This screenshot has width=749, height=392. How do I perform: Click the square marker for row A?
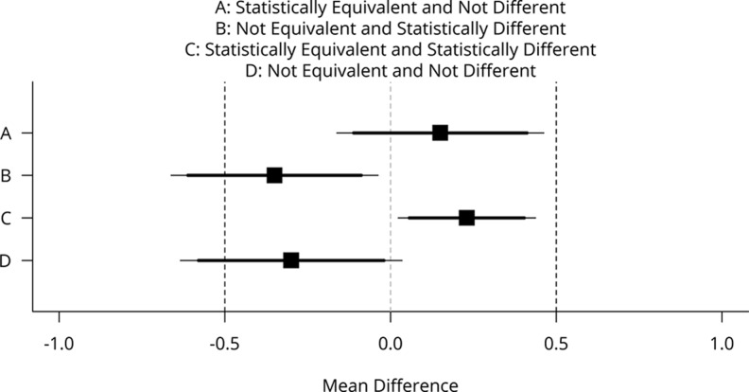click(440, 133)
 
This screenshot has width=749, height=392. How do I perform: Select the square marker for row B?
click(274, 175)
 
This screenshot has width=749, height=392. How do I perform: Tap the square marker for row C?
click(466, 218)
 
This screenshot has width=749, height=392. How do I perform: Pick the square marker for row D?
click(291, 260)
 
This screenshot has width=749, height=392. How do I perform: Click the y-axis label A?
click(6, 134)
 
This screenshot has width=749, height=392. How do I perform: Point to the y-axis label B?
click(6, 176)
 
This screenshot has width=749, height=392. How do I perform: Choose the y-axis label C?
click(6, 219)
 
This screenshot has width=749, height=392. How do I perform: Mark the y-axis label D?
click(6, 261)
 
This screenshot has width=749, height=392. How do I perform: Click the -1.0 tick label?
click(59, 342)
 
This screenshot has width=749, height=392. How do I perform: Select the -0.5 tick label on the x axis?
click(224, 342)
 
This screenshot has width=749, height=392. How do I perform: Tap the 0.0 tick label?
click(391, 342)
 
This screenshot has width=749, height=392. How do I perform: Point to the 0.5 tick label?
click(556, 342)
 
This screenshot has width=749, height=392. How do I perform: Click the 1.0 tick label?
click(722, 342)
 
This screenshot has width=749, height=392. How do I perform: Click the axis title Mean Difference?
click(391, 383)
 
